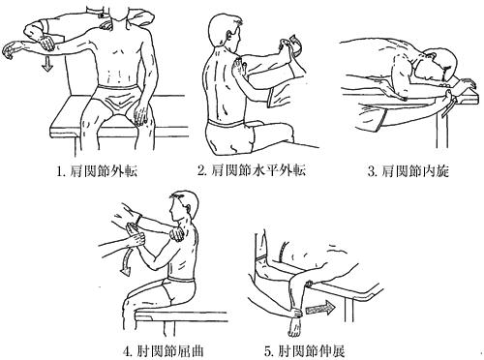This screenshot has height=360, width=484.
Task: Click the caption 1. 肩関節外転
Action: pos(97,171)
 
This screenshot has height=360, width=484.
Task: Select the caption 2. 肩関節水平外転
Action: pos(252,170)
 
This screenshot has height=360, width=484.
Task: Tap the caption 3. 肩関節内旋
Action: pos(408,171)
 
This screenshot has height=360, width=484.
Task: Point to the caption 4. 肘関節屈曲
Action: pos(164,351)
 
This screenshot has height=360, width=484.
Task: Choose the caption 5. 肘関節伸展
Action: pos(304,351)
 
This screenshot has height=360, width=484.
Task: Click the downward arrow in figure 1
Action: pos(47,63)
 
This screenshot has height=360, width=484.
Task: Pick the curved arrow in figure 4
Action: pos(128,260)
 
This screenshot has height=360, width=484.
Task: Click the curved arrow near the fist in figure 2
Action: pos(296,44)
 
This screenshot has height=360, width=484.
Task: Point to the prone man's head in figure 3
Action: pos(441,65)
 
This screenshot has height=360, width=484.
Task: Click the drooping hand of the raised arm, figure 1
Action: pos(10,49)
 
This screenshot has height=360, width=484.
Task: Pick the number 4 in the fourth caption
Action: pos(126,351)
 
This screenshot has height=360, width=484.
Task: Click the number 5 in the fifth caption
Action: pos(267,351)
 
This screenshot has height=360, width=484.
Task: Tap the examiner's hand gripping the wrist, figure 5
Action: pos(294,312)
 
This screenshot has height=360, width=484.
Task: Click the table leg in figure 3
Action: pos(442,126)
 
